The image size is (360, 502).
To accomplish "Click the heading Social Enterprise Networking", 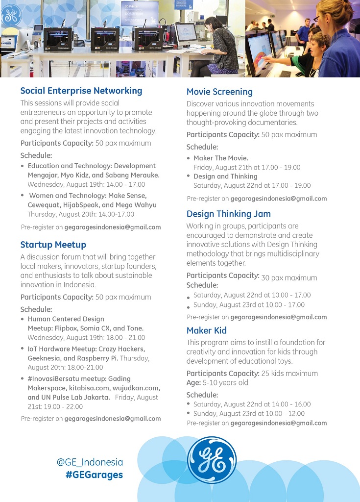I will click(81, 91).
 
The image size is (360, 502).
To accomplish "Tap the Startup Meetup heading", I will click(53, 245).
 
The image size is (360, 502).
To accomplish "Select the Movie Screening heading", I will click(219, 92).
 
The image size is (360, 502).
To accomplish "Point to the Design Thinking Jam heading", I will click(228, 214).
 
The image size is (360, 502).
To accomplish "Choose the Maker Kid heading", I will click(206, 330).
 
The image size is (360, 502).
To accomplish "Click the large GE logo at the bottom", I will click(212, 460).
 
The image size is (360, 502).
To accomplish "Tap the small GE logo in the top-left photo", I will click(11, 15).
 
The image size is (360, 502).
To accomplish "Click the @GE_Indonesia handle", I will click(90, 462).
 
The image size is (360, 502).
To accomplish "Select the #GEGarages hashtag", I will click(94, 475).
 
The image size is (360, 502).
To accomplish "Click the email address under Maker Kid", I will click(278, 423).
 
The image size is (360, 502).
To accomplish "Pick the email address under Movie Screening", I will click(278, 199).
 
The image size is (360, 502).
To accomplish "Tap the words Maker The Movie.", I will click(221, 158).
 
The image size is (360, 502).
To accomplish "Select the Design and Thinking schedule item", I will click(225, 176).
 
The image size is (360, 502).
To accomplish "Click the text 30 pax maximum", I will click(289, 278).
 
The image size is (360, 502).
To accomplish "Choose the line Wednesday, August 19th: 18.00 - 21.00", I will click(79, 337).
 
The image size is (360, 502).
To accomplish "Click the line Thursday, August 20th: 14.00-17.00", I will click(80, 214).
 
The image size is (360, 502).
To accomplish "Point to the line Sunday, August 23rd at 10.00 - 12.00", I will click(249, 413).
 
